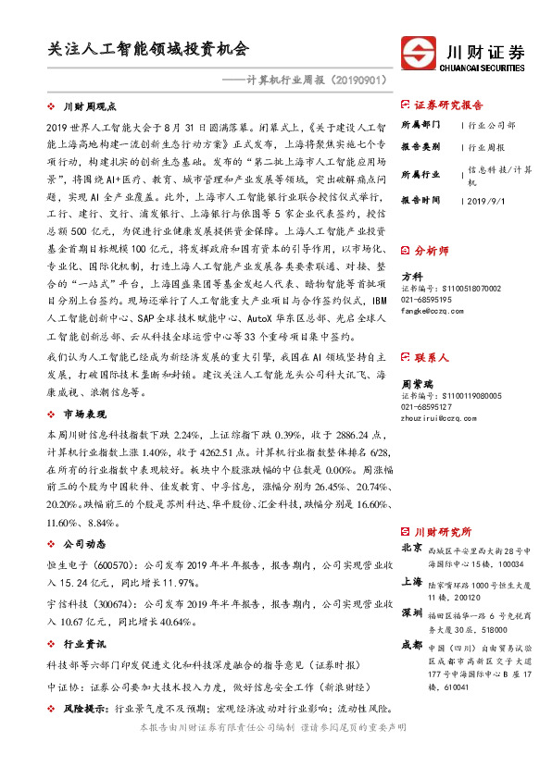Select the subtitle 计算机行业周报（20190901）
tap(308, 80)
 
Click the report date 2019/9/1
tap(490, 199)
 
